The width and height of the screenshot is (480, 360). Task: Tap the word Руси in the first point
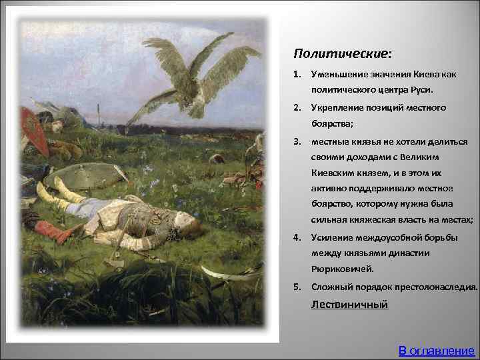420,89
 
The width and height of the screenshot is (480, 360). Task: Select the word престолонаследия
437,287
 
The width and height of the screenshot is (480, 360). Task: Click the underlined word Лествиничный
349,305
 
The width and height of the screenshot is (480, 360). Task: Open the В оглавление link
436,350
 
